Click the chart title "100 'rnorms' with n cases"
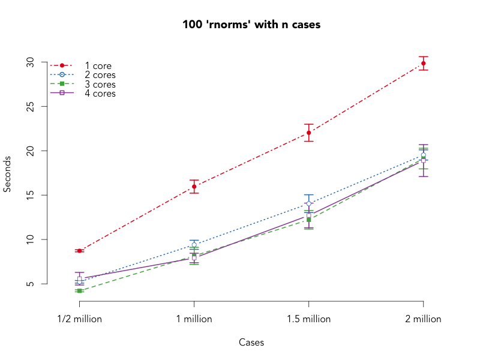252,25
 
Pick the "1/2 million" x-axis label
79,319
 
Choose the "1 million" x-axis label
194,319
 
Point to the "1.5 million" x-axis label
308,319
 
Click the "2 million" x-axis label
423,319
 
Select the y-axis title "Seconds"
8,174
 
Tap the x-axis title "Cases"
251,343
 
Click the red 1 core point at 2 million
424,63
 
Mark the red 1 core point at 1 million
194,187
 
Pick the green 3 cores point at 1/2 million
79,290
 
